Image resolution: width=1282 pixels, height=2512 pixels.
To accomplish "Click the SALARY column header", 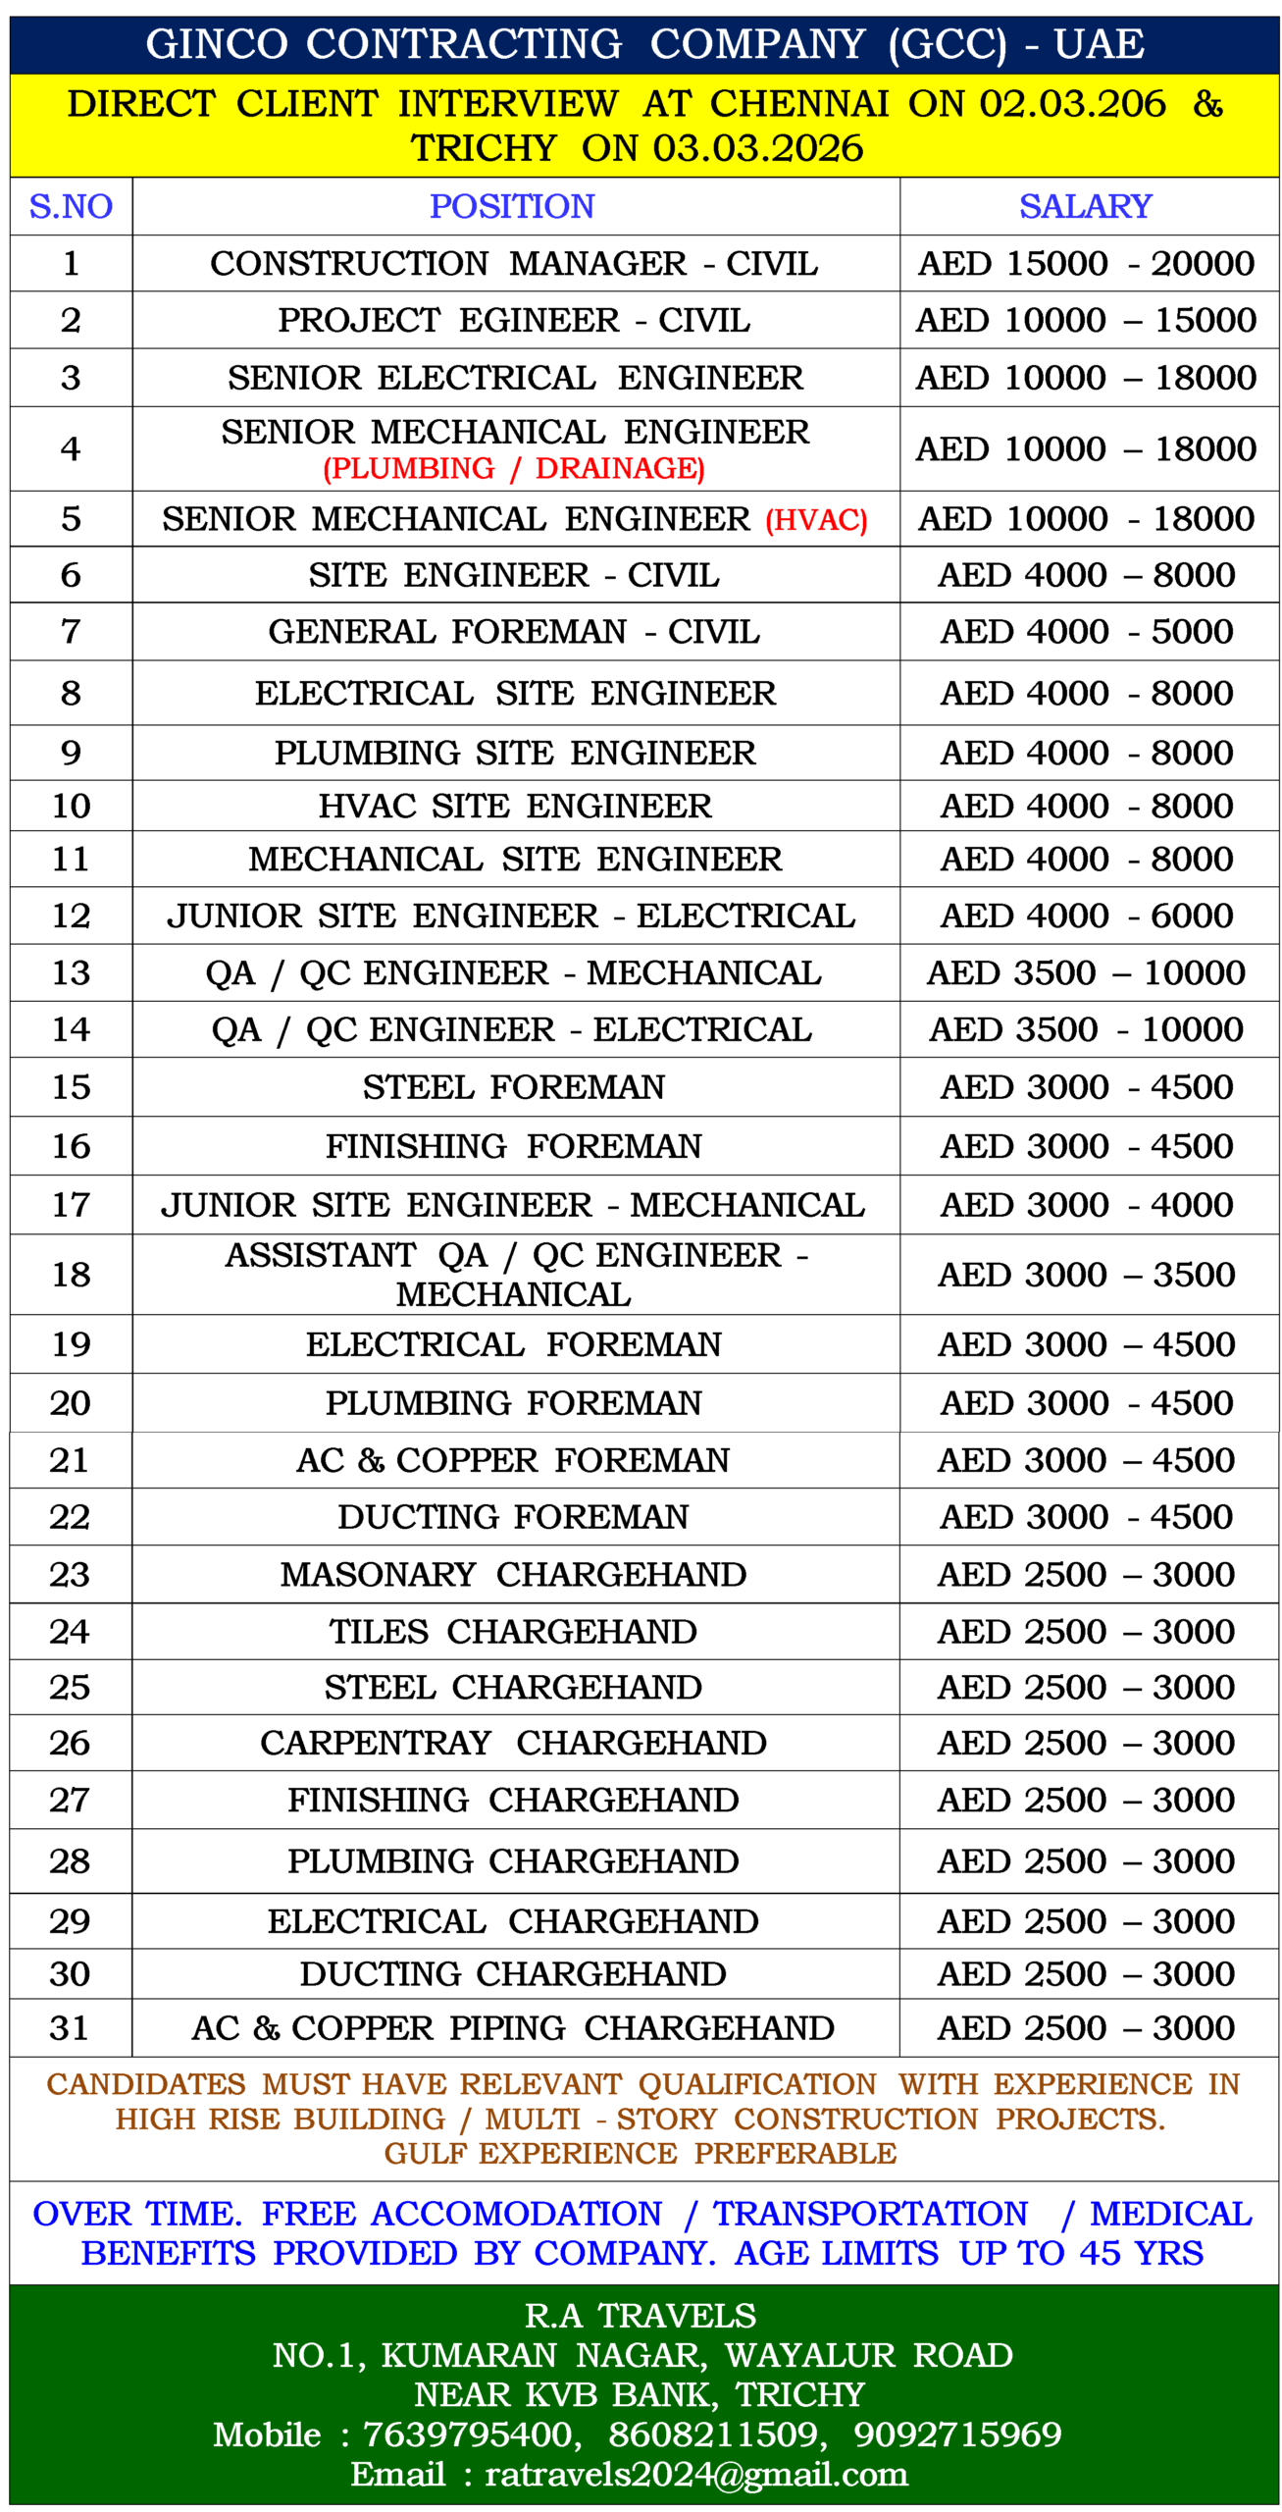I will point(1085,206).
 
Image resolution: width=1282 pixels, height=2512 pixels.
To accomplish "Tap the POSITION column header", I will point(512,206).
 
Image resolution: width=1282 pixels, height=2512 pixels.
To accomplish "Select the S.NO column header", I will point(71,206).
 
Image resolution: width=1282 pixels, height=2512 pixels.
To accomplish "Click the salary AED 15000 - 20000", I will point(1086,263).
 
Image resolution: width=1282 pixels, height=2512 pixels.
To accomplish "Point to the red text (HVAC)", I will point(816,519).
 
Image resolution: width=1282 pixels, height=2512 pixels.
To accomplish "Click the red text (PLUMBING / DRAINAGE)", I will point(514,469).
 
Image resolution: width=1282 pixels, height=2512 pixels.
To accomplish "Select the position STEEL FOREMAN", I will point(514,1086).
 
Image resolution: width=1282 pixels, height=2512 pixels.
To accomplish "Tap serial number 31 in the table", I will point(70,2026).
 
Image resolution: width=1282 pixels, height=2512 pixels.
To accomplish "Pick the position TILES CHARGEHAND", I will point(513,1631).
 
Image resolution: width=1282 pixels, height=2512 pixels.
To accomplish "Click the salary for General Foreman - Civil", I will point(1086,631).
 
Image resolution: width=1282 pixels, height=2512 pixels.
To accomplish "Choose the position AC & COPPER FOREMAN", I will point(513,1459).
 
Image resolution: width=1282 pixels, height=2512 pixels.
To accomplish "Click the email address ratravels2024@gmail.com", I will point(696,2474).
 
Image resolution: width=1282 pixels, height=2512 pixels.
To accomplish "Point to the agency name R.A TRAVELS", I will point(641,2315).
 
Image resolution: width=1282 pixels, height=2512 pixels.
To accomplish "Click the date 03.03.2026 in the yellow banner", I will point(758,148).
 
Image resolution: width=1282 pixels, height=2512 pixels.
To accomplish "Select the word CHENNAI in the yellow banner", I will point(799,103).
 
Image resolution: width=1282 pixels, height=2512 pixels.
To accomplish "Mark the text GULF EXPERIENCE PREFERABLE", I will point(641,2153).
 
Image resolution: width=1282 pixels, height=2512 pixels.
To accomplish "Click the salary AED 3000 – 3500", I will point(1086,1274).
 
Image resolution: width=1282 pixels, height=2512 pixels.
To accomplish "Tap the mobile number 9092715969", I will point(957,2433).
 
